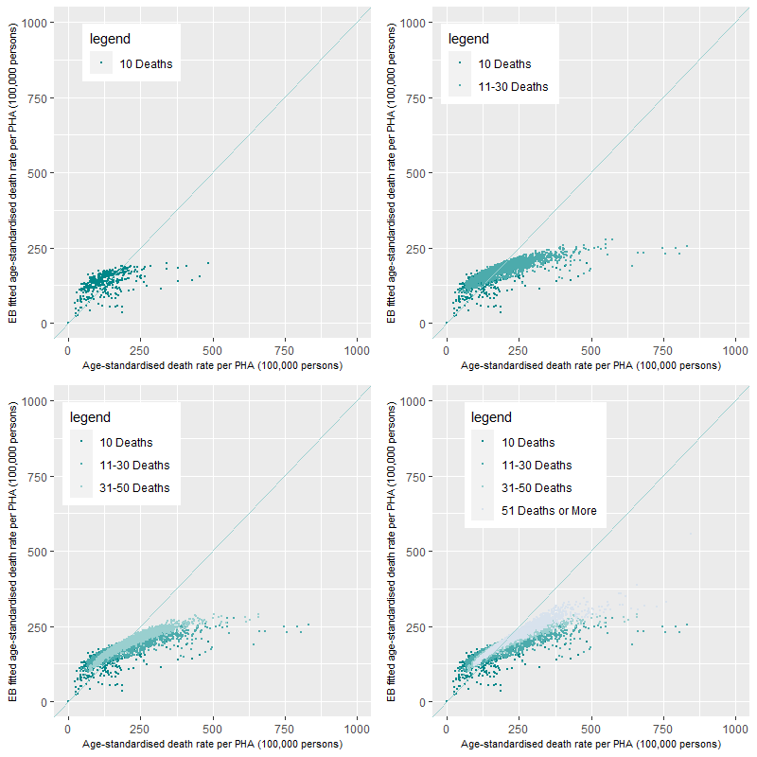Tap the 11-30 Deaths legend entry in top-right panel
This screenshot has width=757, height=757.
tap(513, 87)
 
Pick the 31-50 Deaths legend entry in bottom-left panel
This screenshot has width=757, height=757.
tap(134, 488)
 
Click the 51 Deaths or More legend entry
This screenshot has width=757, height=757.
tap(549, 511)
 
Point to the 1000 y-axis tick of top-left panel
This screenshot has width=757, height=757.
tap(38, 22)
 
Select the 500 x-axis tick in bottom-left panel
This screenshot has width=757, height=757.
tap(212, 730)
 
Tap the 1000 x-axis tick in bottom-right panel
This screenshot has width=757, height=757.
tap(736, 730)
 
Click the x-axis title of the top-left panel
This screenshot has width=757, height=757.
tap(212, 365)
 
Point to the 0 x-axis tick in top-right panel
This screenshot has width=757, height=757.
tap(447, 351)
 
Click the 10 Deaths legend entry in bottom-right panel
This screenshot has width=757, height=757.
tap(528, 443)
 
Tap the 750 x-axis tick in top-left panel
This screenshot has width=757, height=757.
tap(285, 351)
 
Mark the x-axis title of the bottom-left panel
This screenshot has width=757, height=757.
tap(212, 744)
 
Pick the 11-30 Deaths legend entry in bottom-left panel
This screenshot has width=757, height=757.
tap(134, 466)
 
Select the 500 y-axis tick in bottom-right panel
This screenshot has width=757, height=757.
tap(421, 551)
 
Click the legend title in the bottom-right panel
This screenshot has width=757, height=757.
tap(491, 417)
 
